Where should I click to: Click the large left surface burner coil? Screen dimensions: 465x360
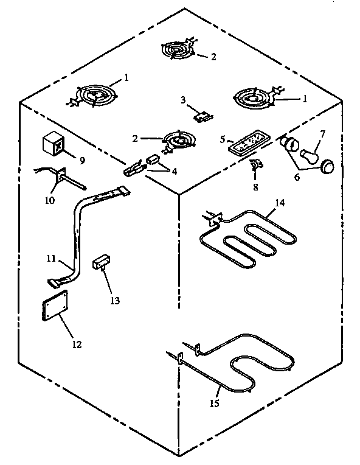click(94, 96)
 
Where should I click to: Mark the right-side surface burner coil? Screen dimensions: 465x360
click(254, 98)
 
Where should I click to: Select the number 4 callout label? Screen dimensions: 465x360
click(175, 172)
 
